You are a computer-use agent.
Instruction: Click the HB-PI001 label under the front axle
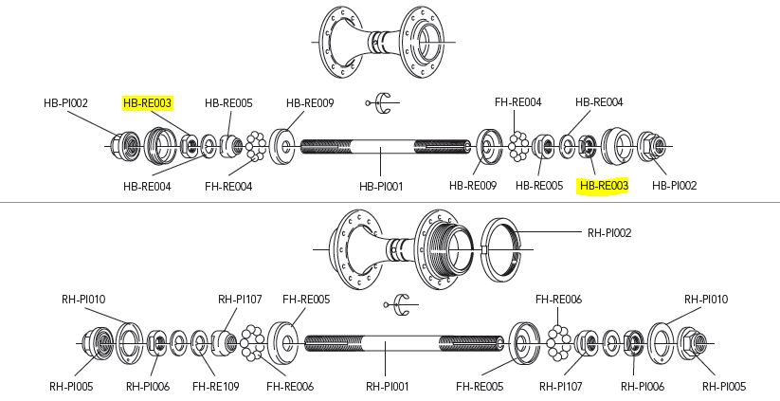pos(382,186)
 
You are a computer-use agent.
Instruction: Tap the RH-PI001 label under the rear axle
pos(387,386)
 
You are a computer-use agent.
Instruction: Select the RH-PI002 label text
pos(608,231)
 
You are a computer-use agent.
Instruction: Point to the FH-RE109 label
pos(215,386)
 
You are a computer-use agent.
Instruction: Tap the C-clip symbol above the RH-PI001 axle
pos(399,303)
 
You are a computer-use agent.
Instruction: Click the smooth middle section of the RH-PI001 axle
pos(389,342)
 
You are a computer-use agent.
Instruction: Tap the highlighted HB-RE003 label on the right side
pos(604,186)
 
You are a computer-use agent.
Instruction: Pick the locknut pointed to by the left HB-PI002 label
pos(125,146)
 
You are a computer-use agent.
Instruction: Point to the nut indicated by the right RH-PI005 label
pos(692,342)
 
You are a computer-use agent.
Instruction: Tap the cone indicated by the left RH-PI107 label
pos(227,340)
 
